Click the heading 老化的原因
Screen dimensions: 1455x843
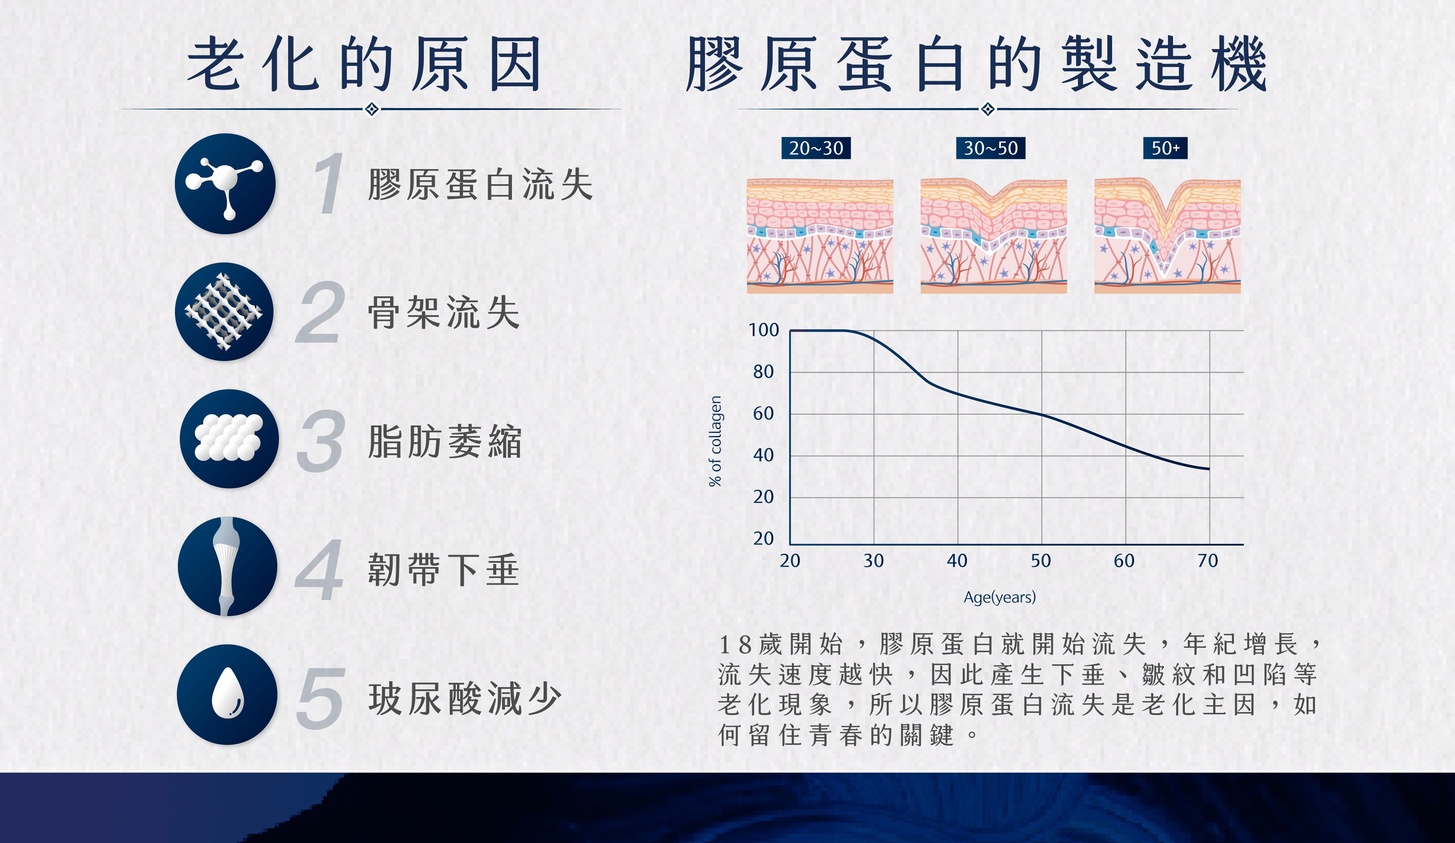[x=364, y=64]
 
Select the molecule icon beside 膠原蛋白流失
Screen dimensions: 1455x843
[x=225, y=183]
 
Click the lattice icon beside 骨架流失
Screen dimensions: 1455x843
[x=225, y=312]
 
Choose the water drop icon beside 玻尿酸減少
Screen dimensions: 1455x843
[x=227, y=694]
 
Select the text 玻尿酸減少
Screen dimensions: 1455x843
[x=465, y=699]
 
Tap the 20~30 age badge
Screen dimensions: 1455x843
[x=816, y=148]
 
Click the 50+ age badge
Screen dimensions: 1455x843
[x=1165, y=148]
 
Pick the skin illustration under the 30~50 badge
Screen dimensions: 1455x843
[x=994, y=236]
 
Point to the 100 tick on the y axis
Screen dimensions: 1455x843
[x=764, y=330]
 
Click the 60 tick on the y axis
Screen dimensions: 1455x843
[x=763, y=414]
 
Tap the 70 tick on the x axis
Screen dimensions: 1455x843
[x=1208, y=561]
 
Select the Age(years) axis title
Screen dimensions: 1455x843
[x=999, y=597]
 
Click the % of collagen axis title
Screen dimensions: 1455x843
[x=716, y=441]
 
